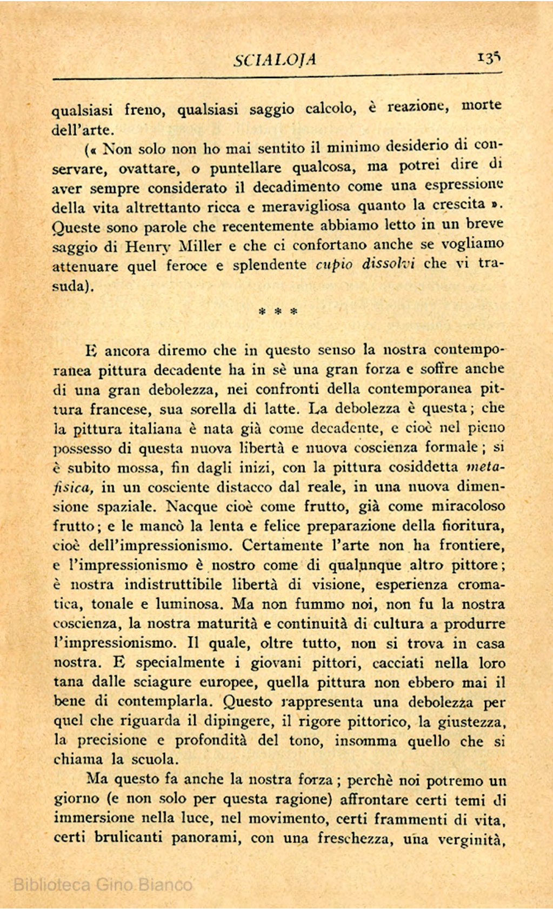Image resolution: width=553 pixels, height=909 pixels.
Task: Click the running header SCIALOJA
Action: tap(275, 59)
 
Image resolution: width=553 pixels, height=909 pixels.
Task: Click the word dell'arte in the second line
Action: tap(83, 130)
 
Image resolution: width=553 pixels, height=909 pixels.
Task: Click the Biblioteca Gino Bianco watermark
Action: tap(103, 885)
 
